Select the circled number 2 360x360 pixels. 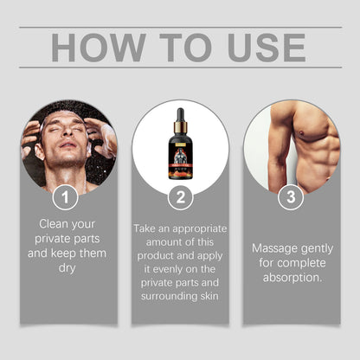(180, 197)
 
